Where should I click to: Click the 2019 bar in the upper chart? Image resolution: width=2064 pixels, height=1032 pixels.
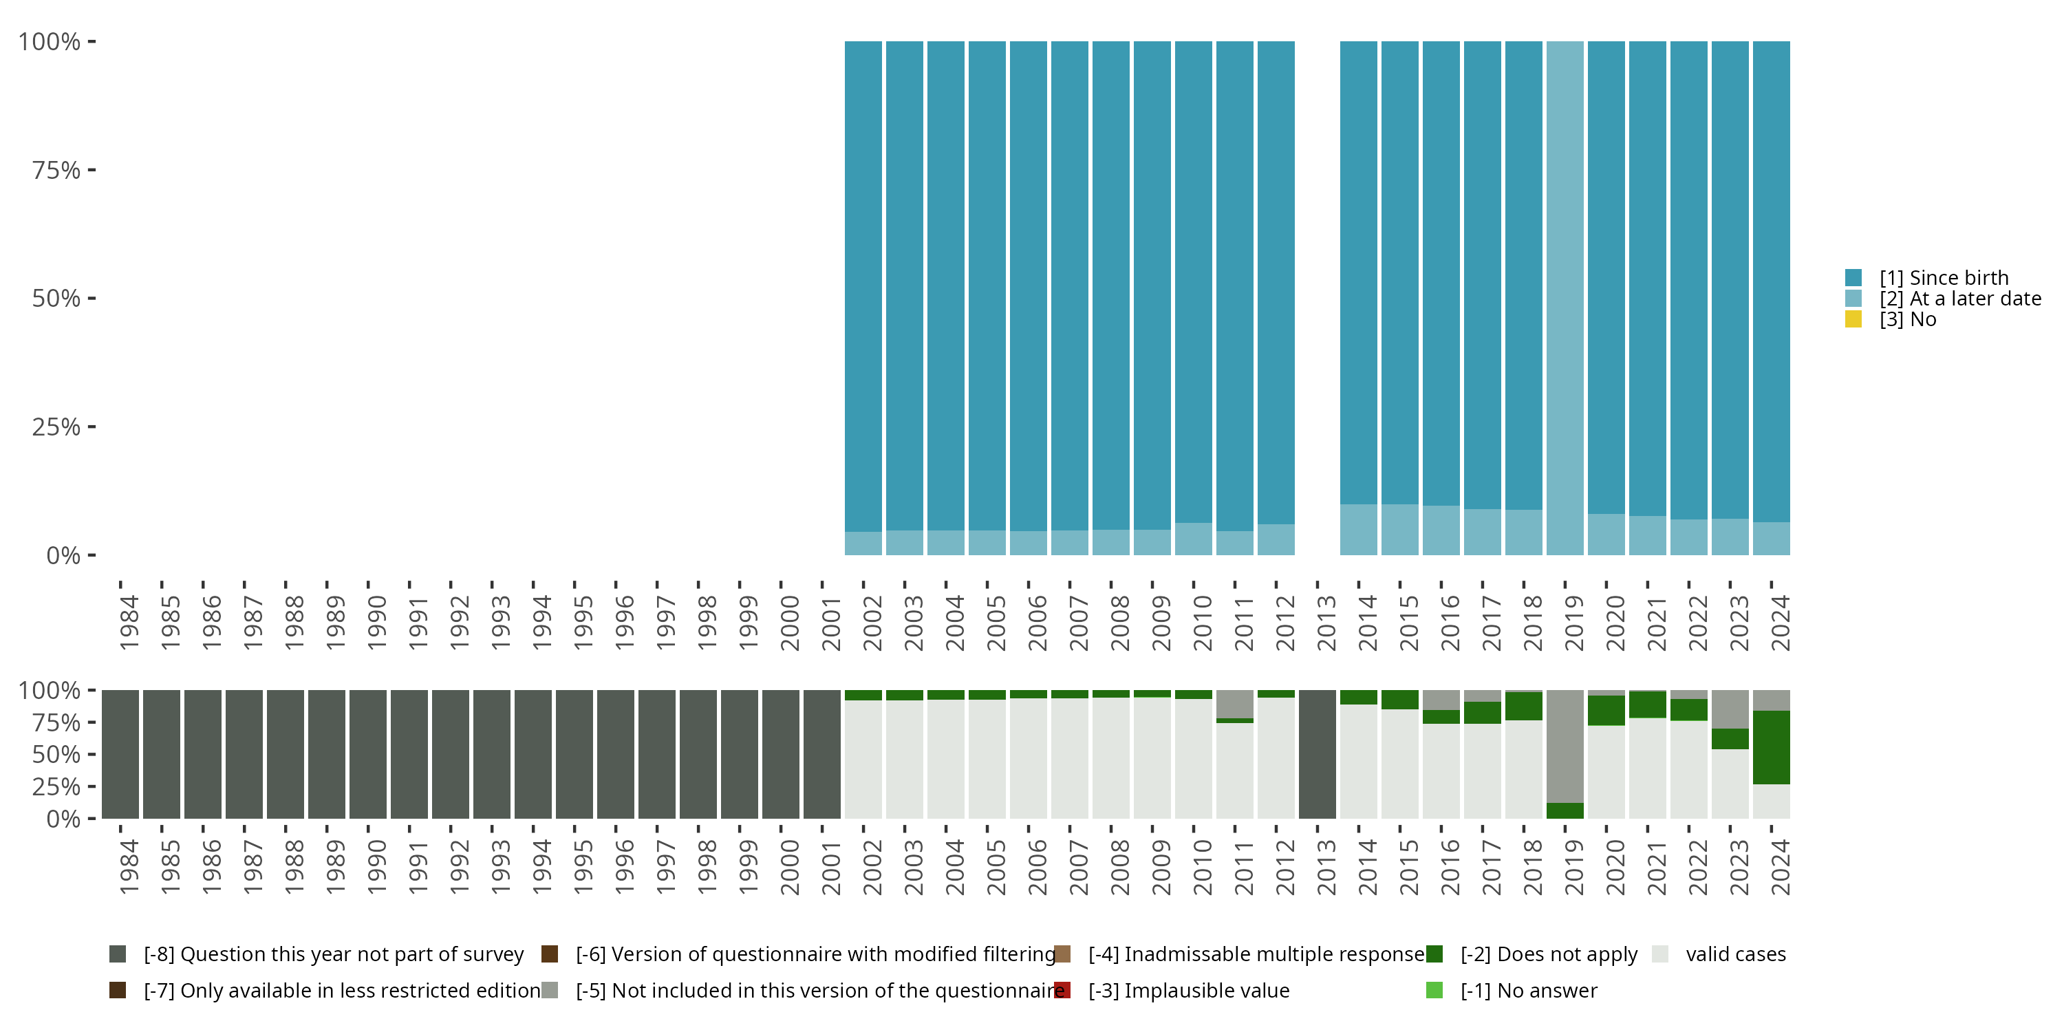click(1564, 298)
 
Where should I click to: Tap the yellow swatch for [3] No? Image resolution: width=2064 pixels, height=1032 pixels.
click(1853, 319)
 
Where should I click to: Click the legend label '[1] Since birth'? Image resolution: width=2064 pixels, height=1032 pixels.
click(1944, 278)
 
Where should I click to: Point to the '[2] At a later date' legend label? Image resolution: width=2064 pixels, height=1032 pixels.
click(1960, 299)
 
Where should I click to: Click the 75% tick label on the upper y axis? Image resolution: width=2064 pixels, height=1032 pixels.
click(56, 170)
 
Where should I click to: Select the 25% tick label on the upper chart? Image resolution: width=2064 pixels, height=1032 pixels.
click(56, 427)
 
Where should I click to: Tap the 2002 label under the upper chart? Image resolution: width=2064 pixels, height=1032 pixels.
click(872, 623)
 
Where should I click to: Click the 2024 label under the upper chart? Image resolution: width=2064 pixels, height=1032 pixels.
click(1780, 623)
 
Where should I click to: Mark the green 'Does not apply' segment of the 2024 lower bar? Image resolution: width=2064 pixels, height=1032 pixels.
click(1771, 746)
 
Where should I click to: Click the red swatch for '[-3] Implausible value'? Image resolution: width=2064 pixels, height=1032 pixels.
click(1062, 990)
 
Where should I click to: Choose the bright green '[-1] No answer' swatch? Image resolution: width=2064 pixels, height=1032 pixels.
click(1434, 990)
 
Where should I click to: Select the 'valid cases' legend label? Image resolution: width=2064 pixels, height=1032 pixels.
click(1736, 954)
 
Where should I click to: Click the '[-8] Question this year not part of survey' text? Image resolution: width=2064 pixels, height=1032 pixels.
click(333, 954)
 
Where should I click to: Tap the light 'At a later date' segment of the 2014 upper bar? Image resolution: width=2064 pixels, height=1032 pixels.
click(1358, 530)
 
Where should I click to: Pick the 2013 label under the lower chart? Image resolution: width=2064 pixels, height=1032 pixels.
click(1326, 867)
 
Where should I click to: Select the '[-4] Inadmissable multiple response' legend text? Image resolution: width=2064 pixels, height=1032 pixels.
click(1256, 954)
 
